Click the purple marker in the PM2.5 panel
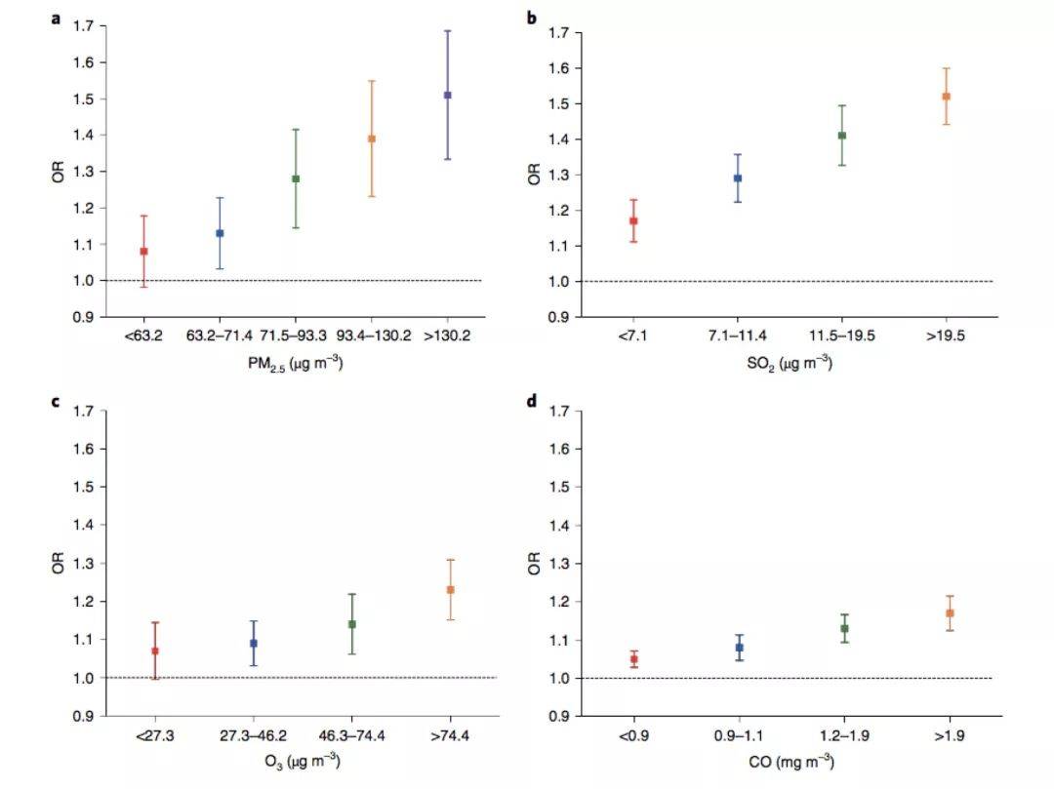coord(448,96)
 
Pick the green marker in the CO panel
coord(845,629)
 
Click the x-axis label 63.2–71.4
coord(220,335)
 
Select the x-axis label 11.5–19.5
coord(841,335)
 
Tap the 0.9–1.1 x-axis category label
coord(740,735)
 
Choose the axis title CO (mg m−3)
coord(791,763)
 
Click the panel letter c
coord(56,400)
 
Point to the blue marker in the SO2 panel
coord(738,178)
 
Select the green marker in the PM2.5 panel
coord(296,179)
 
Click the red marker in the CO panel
coord(634,659)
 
